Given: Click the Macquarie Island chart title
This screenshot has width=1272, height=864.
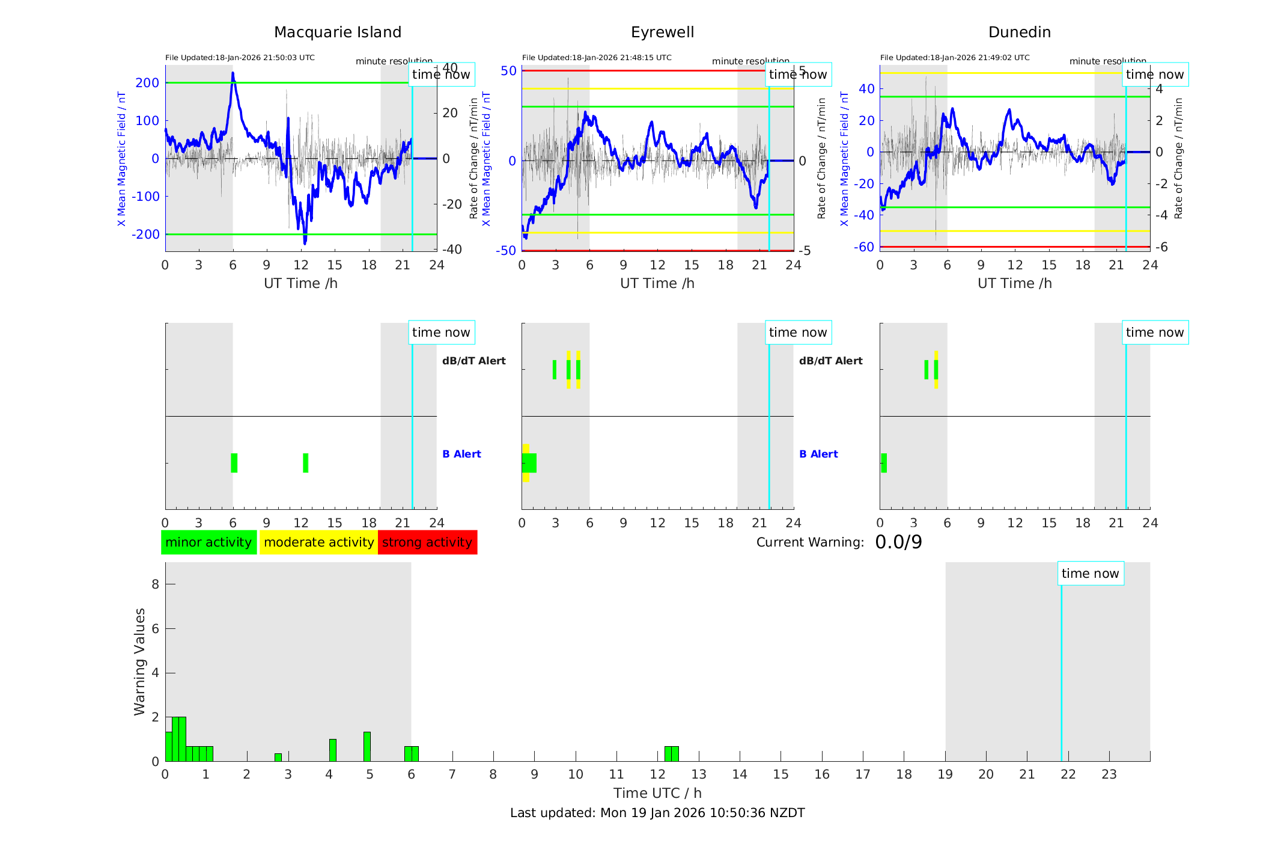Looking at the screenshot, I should [337, 32].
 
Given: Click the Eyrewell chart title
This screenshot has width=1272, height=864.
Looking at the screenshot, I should [662, 32].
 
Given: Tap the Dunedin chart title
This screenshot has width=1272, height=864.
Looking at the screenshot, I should [1019, 32].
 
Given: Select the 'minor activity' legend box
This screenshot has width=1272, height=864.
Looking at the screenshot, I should [208, 542].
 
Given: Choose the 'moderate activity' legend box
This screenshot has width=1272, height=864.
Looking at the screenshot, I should [318, 542].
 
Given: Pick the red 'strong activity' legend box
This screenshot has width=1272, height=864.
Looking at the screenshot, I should [427, 542].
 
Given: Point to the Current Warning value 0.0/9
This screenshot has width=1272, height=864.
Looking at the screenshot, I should [898, 542].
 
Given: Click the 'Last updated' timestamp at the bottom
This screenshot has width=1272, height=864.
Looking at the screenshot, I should [657, 813].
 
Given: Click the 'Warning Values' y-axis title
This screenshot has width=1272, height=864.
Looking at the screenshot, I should [140, 661].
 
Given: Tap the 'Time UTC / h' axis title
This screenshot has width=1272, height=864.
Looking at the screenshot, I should [657, 793].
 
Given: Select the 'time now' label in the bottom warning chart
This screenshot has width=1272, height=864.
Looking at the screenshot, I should [1090, 574].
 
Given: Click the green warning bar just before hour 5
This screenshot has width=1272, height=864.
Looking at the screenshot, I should [367, 747].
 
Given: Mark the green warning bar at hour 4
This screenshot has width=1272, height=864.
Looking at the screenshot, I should [333, 750].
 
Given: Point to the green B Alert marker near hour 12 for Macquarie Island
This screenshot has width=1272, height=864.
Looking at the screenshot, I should [306, 463].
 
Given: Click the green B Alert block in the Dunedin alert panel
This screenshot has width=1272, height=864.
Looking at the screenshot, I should [884, 463].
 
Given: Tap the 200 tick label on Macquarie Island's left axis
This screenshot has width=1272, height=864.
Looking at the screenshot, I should [147, 83].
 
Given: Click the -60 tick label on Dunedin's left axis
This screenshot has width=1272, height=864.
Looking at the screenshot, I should [865, 247].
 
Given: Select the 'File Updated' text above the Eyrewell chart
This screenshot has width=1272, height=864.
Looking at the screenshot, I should [597, 58].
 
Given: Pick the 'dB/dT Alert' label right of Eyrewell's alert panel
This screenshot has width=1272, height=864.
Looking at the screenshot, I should [830, 361].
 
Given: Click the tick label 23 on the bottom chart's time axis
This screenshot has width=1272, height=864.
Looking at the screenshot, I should [1109, 774].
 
